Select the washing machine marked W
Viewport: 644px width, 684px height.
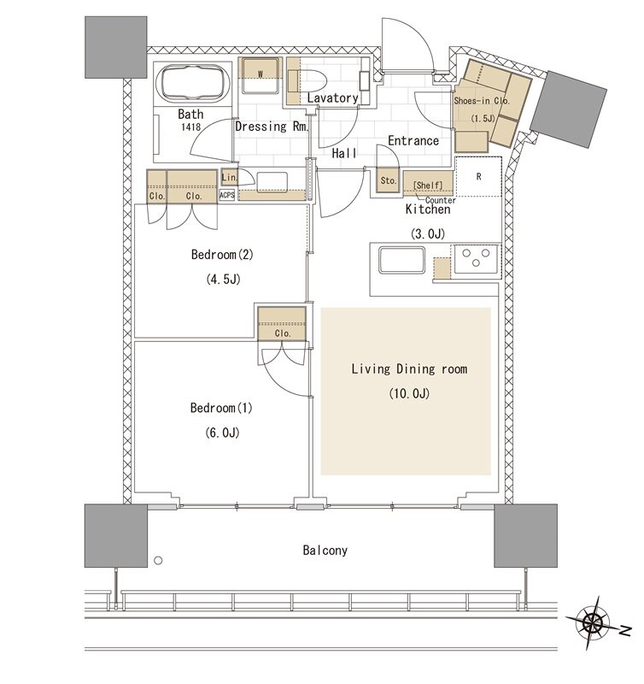tap(261, 75)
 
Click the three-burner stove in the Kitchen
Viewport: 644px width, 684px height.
tap(476, 259)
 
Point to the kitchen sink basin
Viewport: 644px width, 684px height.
tap(401, 261)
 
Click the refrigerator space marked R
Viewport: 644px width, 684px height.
tap(478, 177)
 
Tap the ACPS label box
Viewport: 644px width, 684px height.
tap(227, 195)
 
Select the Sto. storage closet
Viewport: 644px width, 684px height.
tap(388, 180)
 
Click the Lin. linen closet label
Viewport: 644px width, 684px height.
tap(229, 178)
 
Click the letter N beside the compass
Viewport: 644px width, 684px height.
tap(625, 630)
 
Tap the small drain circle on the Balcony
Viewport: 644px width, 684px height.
tap(158, 561)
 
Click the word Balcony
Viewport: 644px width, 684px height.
tap(325, 551)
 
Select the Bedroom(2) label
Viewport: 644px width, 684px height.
tap(222, 254)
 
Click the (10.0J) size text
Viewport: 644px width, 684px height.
tap(409, 393)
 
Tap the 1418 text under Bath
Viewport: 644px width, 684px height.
tap(190, 127)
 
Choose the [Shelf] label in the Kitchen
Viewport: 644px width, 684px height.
tap(427, 186)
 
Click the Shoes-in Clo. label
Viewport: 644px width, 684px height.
tap(482, 101)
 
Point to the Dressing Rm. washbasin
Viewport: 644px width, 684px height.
tap(272, 181)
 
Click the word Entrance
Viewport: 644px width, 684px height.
tap(413, 141)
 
